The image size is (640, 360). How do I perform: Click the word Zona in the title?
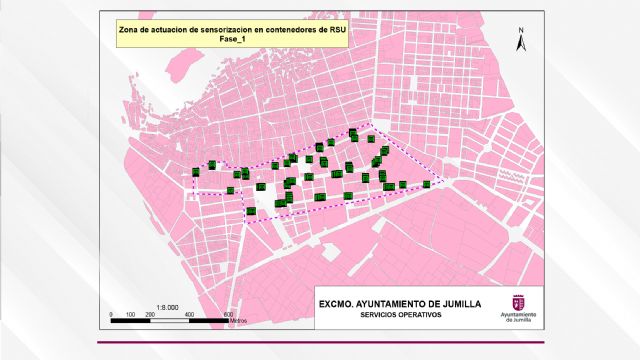[127, 30]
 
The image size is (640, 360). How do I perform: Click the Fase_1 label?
[232, 40]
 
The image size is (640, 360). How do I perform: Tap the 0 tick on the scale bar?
[109, 315]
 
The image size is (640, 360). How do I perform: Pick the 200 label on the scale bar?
[149, 315]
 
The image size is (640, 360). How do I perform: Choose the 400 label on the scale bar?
[189, 315]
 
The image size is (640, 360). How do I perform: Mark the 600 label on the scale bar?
[229, 315]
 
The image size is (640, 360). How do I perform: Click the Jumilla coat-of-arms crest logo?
[517, 302]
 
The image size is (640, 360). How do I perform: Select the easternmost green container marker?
[427, 184]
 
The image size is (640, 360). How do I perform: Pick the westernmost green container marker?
[196, 172]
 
